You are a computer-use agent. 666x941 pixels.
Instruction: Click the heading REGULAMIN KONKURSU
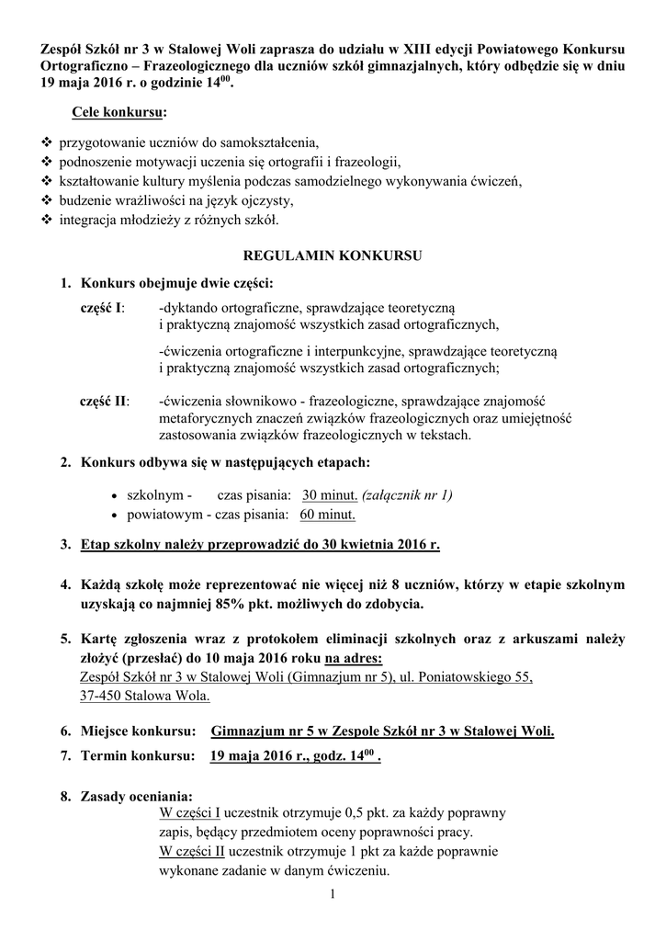point(332,253)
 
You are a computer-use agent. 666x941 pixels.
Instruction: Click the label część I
point(104,305)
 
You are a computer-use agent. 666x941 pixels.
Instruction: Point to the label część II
point(105,401)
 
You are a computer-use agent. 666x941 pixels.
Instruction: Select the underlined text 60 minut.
point(327,514)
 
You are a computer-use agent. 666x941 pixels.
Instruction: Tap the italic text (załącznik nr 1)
point(407,494)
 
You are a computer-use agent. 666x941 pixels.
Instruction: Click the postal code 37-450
point(101,696)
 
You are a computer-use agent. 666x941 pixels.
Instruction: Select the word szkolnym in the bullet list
point(158,494)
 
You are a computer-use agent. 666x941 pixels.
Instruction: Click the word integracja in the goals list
point(93,221)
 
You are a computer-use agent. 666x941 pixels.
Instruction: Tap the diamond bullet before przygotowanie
point(48,143)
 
